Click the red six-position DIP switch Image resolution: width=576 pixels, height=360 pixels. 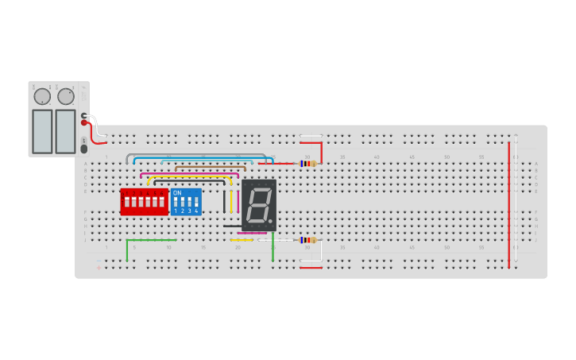click(x=144, y=202)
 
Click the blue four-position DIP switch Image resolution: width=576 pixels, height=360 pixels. click(x=186, y=202)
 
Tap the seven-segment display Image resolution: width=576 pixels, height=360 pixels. click(x=259, y=205)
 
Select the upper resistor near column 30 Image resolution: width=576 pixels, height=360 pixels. click(x=306, y=164)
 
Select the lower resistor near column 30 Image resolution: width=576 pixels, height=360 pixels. click(x=307, y=240)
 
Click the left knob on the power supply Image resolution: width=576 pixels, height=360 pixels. click(x=42, y=96)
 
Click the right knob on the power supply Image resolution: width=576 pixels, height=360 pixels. click(x=66, y=96)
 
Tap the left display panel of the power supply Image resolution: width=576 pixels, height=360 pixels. click(x=42, y=131)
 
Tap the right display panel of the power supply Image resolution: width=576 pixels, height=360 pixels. click(x=65, y=131)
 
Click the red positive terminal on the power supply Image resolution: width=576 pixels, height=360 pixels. click(x=83, y=122)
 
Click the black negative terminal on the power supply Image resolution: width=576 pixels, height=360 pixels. click(x=83, y=115)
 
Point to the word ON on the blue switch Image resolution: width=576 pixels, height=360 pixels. click(x=177, y=193)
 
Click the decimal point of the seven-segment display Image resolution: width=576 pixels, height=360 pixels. click(x=271, y=221)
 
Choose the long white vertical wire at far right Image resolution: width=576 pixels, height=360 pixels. click(x=516, y=199)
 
